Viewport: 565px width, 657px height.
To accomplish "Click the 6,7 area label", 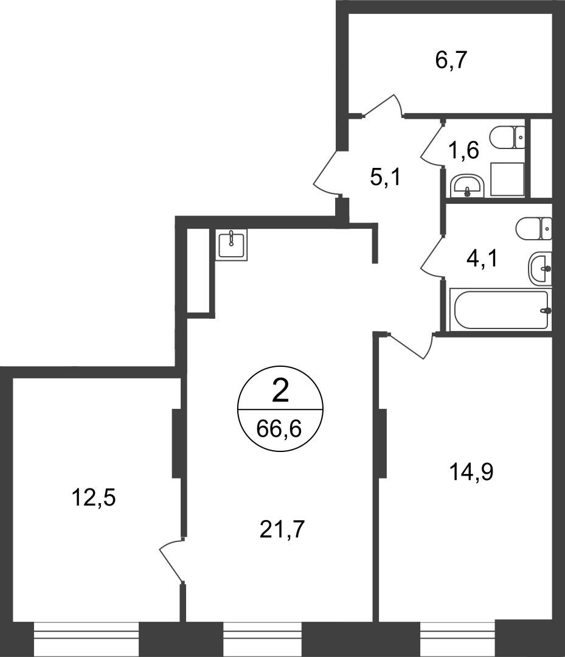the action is pos(451,60).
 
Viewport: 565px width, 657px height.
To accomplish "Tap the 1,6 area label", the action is pos(463,150).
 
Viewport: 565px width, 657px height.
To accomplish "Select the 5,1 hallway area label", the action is pos(386,177).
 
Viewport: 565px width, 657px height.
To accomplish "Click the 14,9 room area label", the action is pos(471,472).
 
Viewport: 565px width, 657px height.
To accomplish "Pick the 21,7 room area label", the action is pos(282,530).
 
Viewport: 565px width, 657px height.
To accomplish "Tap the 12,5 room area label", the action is pos(94,498).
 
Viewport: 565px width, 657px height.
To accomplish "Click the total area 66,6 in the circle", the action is pos(279,429).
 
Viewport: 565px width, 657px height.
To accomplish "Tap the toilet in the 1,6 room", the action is pos(507,137).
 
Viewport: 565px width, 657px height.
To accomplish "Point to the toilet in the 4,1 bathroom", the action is pos(534,229).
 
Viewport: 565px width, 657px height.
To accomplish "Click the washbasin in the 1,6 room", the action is pos(468,186).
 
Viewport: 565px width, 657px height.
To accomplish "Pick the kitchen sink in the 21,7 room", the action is pos(231,245).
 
